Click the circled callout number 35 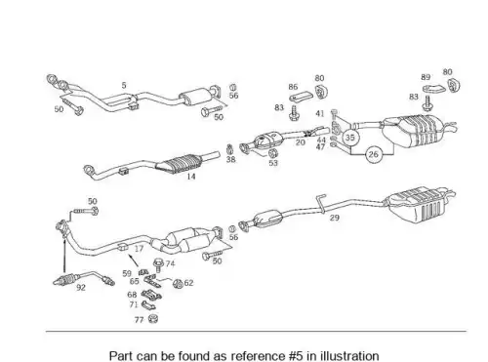[349, 138]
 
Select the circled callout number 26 [374, 154]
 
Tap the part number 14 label [191, 177]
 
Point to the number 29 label [335, 218]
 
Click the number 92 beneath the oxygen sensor [81, 288]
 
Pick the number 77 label [139, 320]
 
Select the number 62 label [188, 283]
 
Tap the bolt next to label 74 [159, 264]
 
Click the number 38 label [230, 159]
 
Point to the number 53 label [273, 163]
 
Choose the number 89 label [426, 77]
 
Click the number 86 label [293, 87]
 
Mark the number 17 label [139, 249]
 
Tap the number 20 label [300, 142]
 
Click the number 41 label [320, 113]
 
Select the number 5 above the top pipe [124, 85]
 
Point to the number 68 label [132, 295]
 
